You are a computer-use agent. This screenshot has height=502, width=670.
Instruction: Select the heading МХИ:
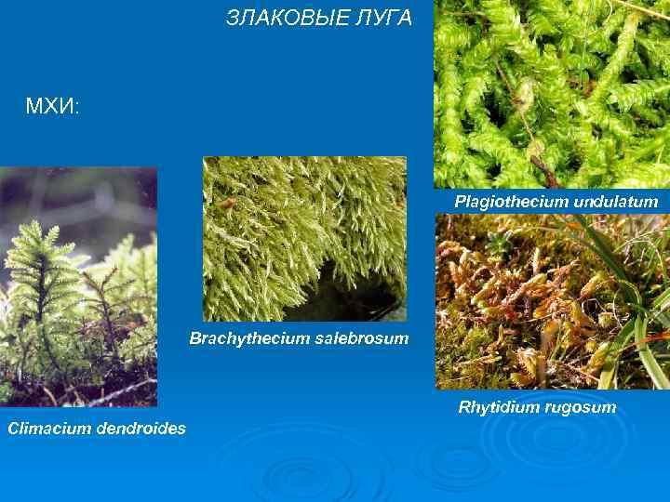[53, 108]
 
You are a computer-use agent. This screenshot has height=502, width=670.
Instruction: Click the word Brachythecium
[244, 338]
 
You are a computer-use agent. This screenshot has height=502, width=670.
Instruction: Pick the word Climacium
[47, 429]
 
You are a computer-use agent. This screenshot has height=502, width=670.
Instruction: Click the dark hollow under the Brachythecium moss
[349, 293]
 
